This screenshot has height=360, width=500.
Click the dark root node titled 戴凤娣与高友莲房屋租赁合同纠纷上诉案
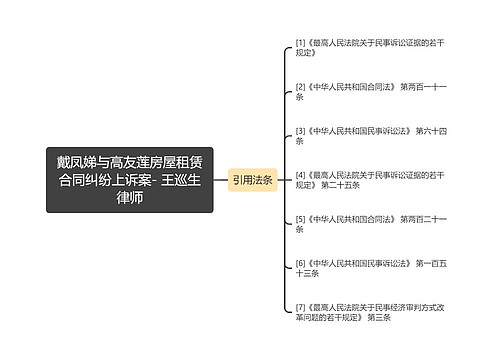[130, 179]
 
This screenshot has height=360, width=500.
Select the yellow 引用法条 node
[252, 180]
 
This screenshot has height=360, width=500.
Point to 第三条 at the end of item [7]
[378, 317]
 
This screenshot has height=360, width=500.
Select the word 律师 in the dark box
[130, 198]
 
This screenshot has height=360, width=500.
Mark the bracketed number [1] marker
[300, 43]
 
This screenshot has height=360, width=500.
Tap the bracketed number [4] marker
[300, 174]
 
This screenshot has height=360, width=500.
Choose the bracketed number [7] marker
[300, 306]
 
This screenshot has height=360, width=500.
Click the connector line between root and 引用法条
[221, 180]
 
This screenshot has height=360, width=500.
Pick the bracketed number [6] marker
[300, 262]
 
